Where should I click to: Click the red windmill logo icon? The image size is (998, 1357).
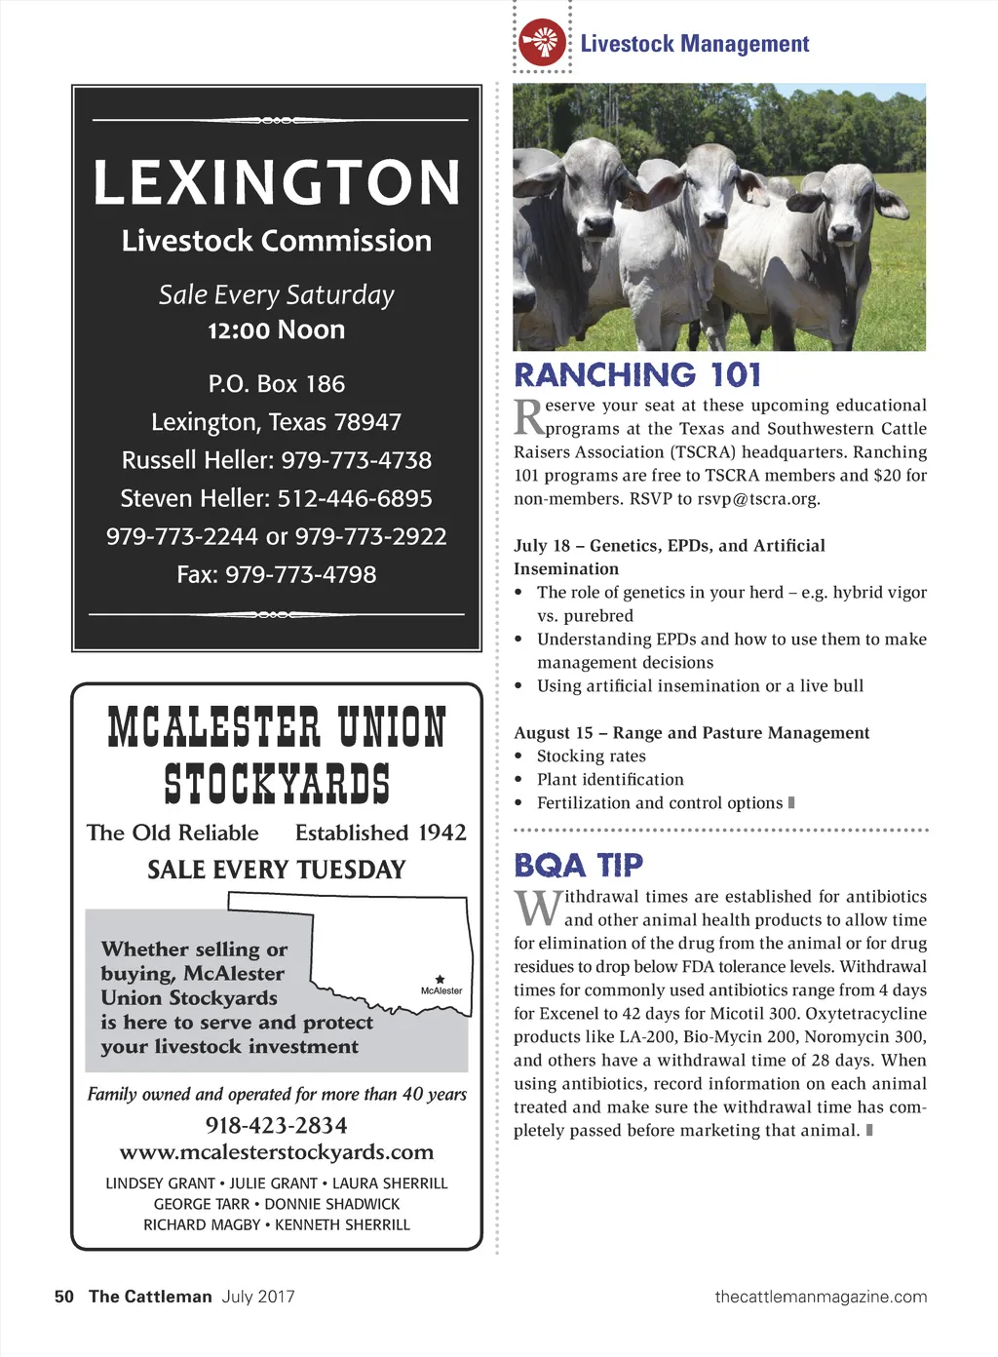click(542, 43)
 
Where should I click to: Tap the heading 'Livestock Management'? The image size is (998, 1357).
click(694, 44)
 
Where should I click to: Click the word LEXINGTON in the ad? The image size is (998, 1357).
click(277, 183)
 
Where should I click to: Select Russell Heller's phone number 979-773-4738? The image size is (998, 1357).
click(357, 460)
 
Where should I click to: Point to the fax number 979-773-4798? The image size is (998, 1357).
click(300, 575)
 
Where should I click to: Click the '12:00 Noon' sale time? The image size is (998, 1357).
click(277, 330)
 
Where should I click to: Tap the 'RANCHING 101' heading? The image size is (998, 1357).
click(637, 375)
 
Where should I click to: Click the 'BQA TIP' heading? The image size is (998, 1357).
click(579, 866)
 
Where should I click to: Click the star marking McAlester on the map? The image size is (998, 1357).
click(441, 979)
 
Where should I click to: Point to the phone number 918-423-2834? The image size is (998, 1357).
click(277, 1126)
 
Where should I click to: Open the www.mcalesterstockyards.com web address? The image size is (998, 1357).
click(277, 1152)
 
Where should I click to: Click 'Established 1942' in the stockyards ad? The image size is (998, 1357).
click(381, 833)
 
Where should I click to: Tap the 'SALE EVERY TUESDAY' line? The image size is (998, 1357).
click(277, 870)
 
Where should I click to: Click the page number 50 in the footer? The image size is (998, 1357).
click(64, 1297)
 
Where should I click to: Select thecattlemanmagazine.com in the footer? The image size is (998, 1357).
click(821, 1297)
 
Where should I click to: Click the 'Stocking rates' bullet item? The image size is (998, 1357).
click(592, 756)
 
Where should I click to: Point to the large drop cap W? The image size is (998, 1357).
click(538, 909)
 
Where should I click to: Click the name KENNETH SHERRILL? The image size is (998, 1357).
click(342, 1224)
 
